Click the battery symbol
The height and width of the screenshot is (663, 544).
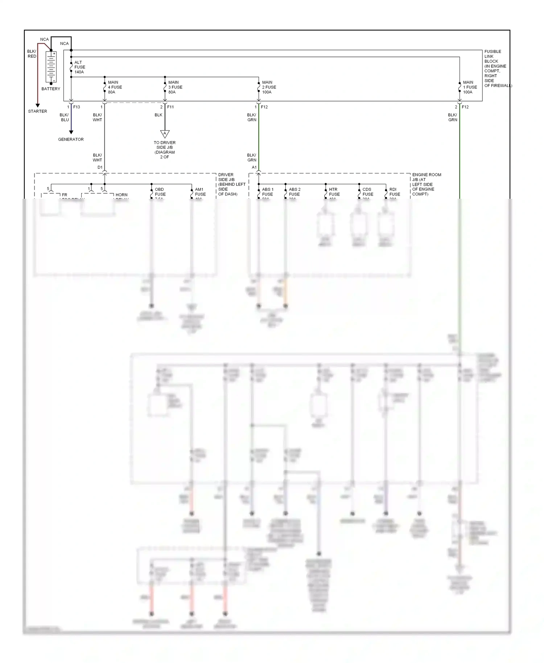point(51,67)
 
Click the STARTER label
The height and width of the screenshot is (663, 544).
point(37,111)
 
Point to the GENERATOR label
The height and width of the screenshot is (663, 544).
point(71,139)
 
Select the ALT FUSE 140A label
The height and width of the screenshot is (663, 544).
point(79,67)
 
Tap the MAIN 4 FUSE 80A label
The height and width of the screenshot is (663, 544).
point(115,87)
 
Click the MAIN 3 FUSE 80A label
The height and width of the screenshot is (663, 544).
point(175,87)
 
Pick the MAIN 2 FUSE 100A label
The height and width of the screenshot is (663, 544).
point(269,87)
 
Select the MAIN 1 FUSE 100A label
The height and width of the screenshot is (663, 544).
point(470,87)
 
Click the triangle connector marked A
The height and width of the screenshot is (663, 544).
point(165,134)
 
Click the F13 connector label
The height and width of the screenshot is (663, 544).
point(77,107)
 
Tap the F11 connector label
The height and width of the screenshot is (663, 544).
point(170,107)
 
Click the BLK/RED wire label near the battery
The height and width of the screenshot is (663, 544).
point(32,54)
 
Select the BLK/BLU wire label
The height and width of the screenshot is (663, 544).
point(65,117)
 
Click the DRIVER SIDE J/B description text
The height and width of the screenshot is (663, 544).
point(231,184)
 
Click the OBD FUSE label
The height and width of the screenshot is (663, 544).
point(160,192)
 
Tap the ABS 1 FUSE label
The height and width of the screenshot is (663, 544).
point(268,192)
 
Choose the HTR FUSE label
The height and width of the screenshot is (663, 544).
point(334,192)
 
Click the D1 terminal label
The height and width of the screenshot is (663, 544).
point(100,167)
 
